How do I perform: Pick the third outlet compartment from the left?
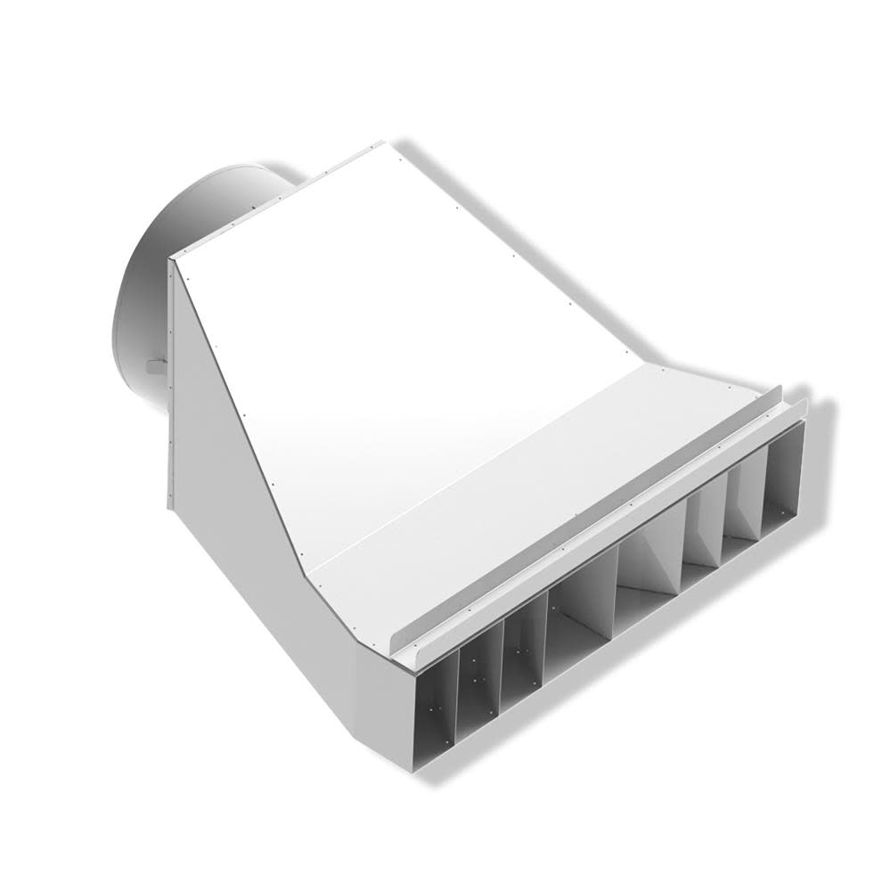coord(523,655)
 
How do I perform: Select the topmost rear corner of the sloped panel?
coord(381,144)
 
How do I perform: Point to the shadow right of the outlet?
coord(824,463)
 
